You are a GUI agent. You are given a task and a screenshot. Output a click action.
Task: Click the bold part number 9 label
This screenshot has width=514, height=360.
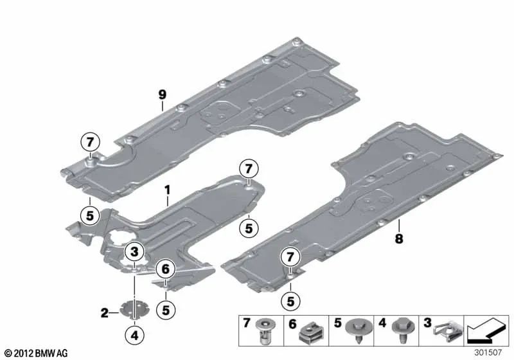[163, 94]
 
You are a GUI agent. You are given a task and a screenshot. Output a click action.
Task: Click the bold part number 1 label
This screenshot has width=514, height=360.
[168, 190]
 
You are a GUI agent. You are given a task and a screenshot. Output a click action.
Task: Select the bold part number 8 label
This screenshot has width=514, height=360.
[398, 239]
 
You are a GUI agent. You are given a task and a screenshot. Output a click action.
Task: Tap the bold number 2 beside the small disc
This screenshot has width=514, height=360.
[105, 313]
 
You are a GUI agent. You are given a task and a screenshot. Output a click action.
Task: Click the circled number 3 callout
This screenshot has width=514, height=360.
[135, 252]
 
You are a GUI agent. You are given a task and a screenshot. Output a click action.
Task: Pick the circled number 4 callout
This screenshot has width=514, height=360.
[135, 335]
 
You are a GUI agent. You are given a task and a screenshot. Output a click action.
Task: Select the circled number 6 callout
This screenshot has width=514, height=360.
[166, 269]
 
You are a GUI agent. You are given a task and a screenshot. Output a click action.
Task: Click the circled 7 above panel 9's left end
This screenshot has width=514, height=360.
[90, 142]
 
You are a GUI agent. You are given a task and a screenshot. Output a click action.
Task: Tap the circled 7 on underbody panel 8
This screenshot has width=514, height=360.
[290, 256]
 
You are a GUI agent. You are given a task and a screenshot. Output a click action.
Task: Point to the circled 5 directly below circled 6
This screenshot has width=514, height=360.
[166, 310]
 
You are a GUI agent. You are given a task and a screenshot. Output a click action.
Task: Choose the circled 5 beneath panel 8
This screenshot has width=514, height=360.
[291, 301]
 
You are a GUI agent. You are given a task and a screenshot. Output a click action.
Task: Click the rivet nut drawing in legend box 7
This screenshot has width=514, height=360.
[267, 331]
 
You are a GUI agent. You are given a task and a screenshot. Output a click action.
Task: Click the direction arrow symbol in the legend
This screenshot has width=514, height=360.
[486, 330]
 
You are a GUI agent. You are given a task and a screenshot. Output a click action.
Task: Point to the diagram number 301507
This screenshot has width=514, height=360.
[488, 352]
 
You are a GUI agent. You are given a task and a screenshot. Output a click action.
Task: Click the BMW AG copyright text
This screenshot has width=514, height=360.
[37, 353]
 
